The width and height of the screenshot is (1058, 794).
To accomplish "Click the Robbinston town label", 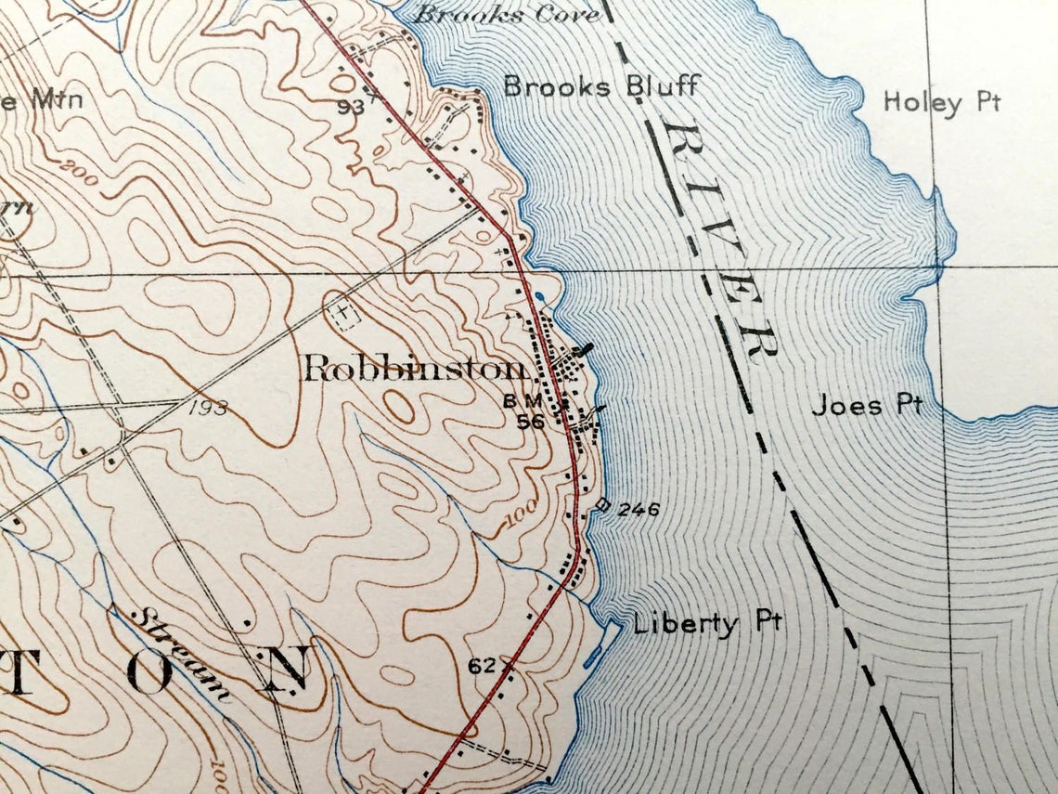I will point(414,370).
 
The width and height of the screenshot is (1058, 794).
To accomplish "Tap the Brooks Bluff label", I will point(600,87).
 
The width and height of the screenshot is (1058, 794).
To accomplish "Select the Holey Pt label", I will point(941,101).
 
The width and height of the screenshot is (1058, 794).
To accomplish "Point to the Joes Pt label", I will point(867,405).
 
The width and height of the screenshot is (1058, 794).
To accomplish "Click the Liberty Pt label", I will point(707,623).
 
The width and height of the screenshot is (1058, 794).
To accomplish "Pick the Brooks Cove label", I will point(493,14).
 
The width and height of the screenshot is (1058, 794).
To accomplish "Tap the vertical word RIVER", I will point(720,240).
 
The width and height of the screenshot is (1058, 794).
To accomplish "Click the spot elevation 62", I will point(481,666).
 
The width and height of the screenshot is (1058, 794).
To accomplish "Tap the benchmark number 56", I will point(530,421).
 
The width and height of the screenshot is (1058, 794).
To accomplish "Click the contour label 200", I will point(79,172).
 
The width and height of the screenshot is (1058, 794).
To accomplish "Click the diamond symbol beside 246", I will point(602,505).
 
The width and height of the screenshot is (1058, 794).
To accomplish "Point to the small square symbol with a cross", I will point(344,315).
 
